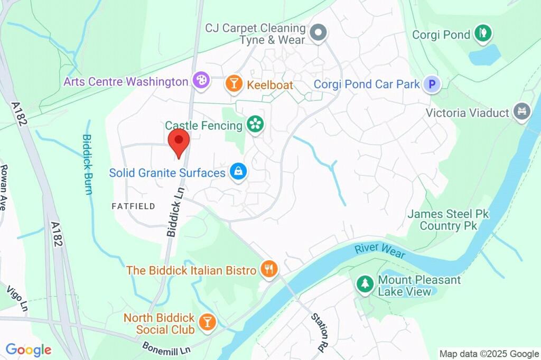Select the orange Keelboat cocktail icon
pyautogui.click(x=232, y=84)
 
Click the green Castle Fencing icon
pyautogui.click(x=256, y=125)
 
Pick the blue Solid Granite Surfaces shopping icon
pyautogui.click(x=238, y=172)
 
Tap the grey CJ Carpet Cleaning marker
pyautogui.click(x=318, y=33)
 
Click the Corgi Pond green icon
pyautogui.click(x=482, y=34)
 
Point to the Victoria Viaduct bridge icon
pyautogui.click(x=522, y=112)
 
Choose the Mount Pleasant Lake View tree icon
pyautogui.click(x=365, y=284)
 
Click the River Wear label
pyautogui.click(x=380, y=250)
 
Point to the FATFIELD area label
pyautogui.click(x=134, y=206)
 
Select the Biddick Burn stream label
pyautogui.click(x=87, y=164)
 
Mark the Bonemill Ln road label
pyautogui.click(x=166, y=347)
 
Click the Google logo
pyautogui.click(x=29, y=349)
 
